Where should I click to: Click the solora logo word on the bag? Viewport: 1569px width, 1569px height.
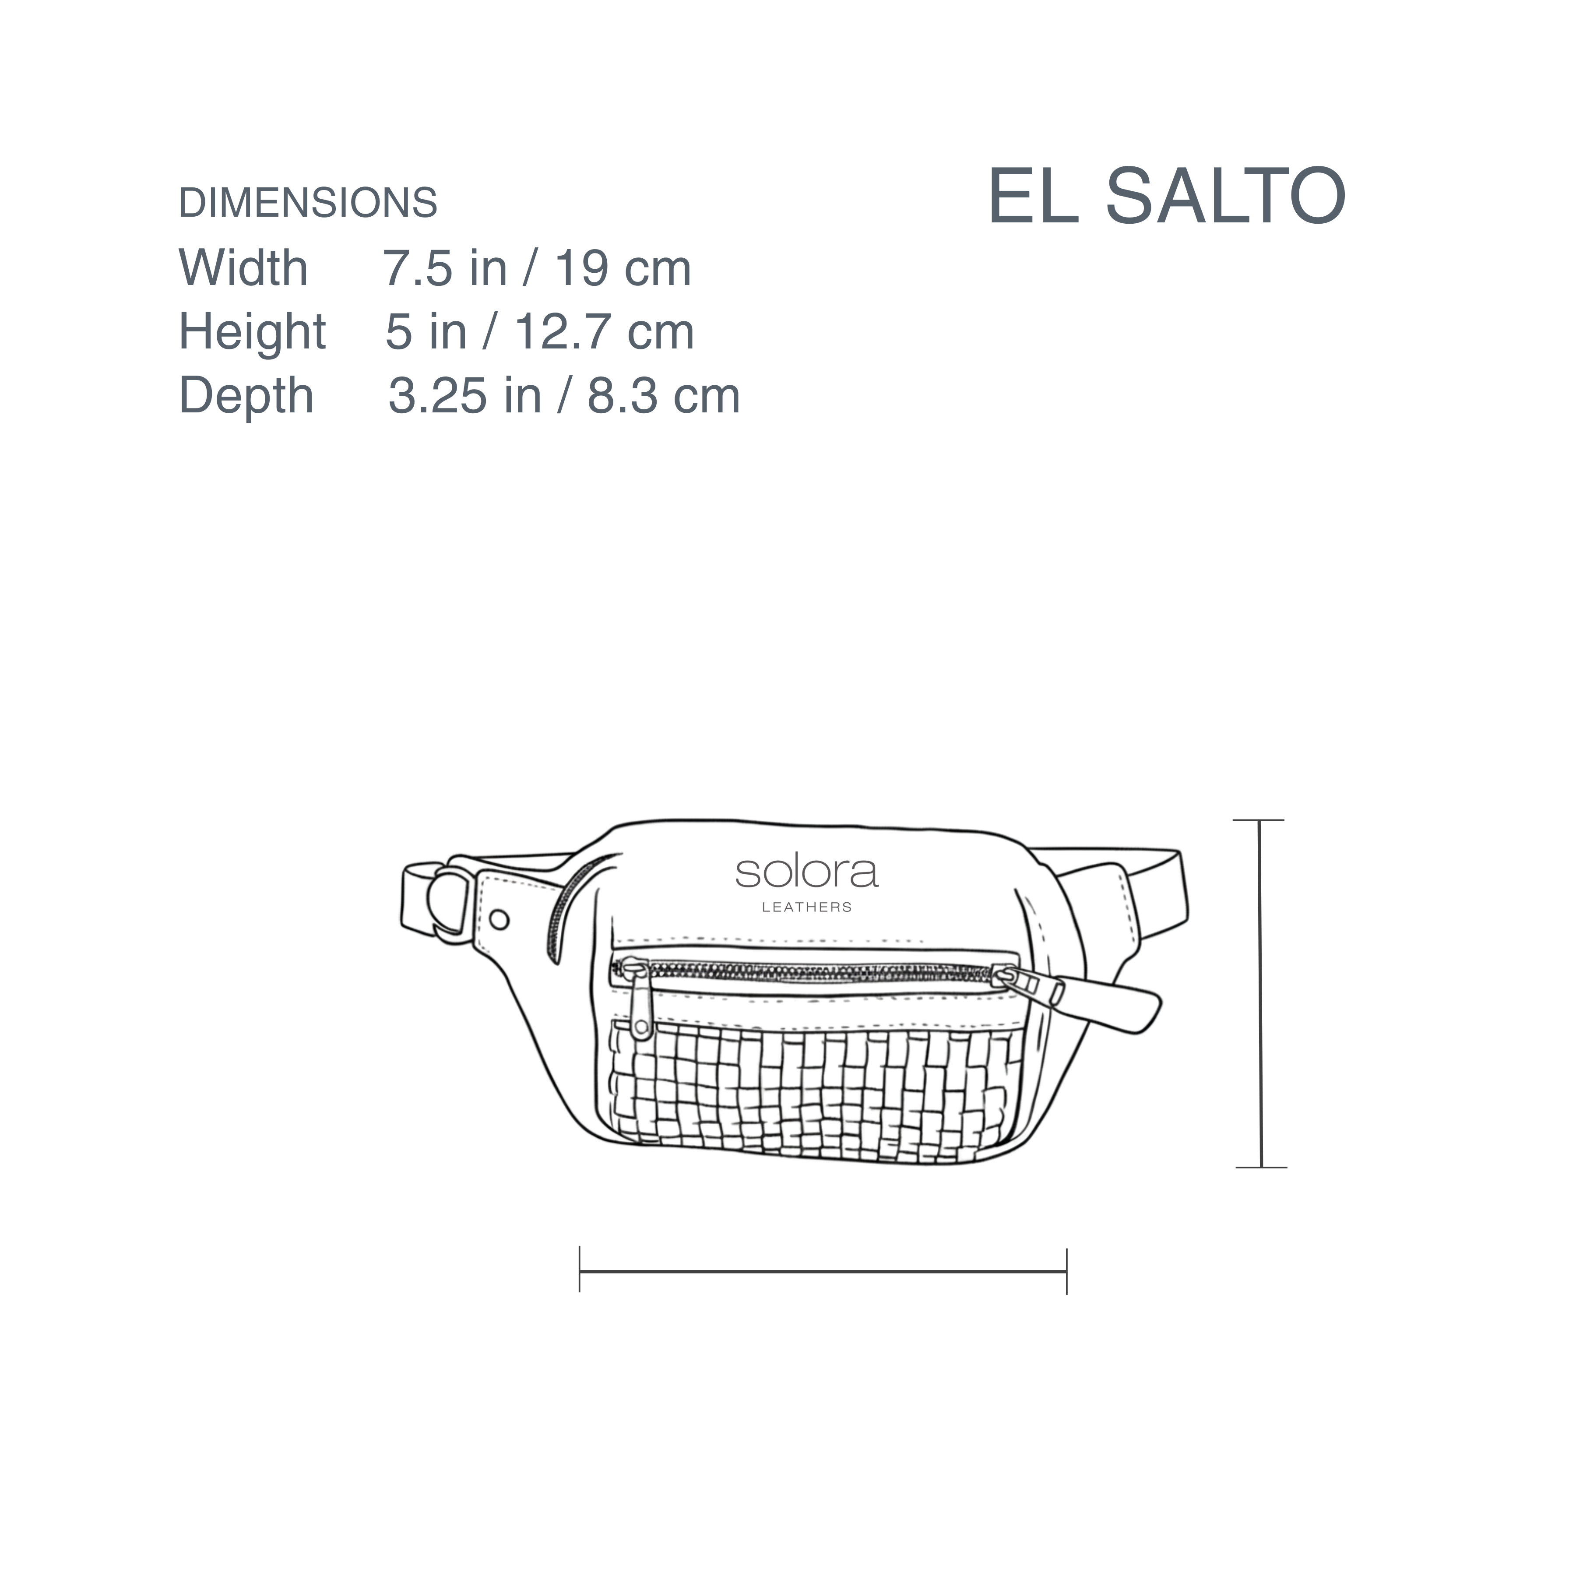point(806,872)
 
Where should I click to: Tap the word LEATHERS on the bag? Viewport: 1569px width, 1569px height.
point(806,907)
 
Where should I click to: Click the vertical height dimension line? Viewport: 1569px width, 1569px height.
point(1259,994)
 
